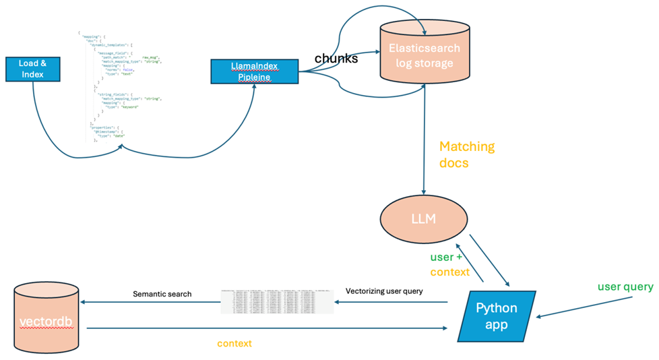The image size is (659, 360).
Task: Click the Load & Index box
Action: coord(32,68)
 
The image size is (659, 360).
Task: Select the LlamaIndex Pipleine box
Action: coord(254,71)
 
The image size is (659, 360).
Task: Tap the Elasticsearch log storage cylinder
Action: coord(424,54)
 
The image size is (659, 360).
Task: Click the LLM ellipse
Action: coord(423,219)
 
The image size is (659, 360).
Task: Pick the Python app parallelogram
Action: coord(497,316)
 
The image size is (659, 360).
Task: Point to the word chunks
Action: coord(336,59)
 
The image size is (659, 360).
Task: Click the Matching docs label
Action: coord(466,155)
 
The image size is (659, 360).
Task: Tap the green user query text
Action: coord(625,287)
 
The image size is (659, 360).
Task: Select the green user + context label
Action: coord(449,264)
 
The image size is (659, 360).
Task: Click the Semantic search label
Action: coord(162,294)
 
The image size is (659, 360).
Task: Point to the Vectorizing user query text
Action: coord(384,291)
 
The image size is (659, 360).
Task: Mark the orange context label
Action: coord(234,343)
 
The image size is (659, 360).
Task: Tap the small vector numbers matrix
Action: coord(277,302)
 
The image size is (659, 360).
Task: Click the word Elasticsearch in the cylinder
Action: coord(424,49)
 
